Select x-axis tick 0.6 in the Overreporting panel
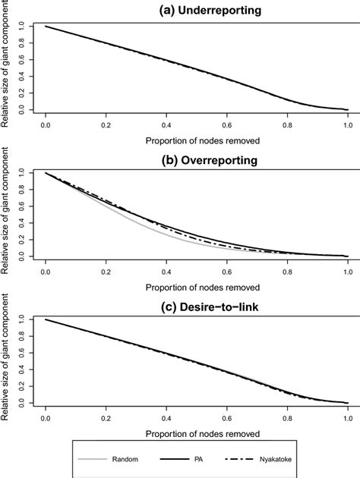(227, 270)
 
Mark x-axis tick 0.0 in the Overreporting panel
(46, 270)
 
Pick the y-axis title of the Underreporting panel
(7, 68)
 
